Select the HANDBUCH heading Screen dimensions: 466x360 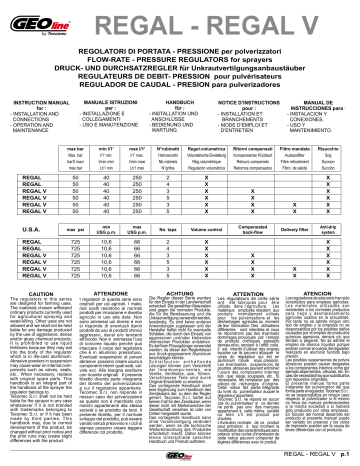click(x=170, y=105)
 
